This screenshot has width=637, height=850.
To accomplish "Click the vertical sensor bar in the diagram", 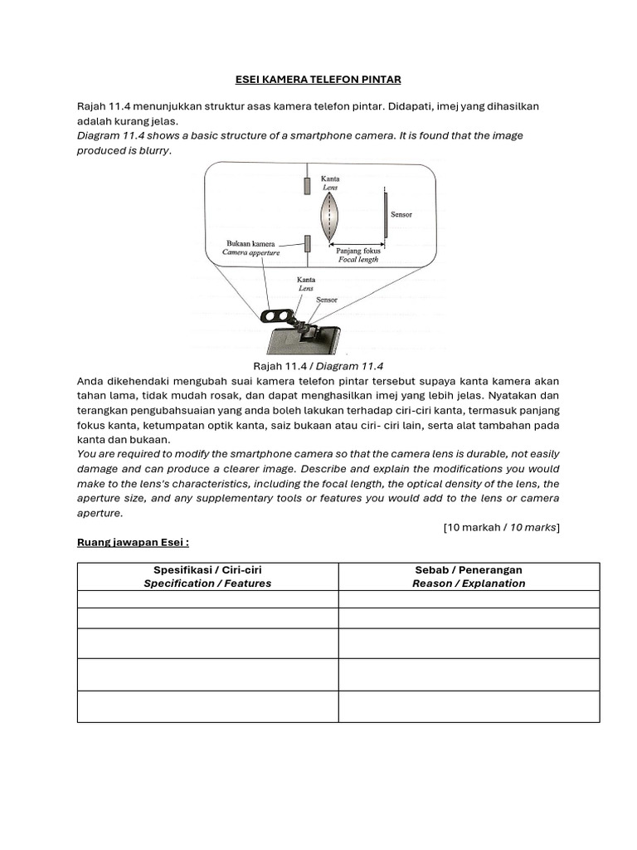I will pyautogui.click(x=385, y=214).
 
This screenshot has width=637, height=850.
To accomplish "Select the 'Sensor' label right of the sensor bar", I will pyautogui.click(x=401, y=215).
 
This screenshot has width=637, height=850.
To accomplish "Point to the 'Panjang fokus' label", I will pyautogui.click(x=358, y=250).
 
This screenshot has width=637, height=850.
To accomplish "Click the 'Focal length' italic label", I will pyautogui.click(x=357, y=259).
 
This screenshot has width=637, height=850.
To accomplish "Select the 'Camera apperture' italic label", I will pyautogui.click(x=251, y=253).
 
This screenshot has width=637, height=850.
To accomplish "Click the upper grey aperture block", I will pyautogui.click(x=307, y=185).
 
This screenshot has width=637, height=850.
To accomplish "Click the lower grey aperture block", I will pyautogui.click(x=307, y=243).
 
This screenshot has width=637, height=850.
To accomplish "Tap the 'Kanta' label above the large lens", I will pyautogui.click(x=330, y=178).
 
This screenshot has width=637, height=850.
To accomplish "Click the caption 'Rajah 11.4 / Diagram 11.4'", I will pyautogui.click(x=318, y=366).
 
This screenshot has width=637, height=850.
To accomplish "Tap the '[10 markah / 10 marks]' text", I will pyautogui.click(x=501, y=527).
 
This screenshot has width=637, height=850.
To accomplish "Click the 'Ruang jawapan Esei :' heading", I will pyautogui.click(x=133, y=542).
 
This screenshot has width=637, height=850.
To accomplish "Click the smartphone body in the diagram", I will pyautogui.click(x=315, y=342).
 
